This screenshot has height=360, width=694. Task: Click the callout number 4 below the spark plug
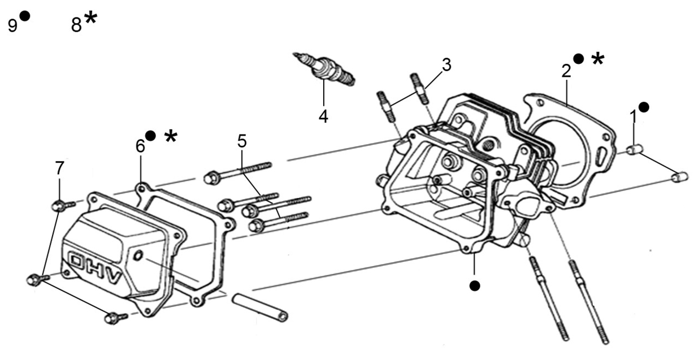tap(323, 116)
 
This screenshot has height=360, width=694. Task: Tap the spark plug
tap(324, 69)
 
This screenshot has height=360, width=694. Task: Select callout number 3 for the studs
tap(446, 65)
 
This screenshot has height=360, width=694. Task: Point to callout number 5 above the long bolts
tap(242, 141)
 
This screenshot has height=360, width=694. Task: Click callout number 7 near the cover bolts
tap(59, 168)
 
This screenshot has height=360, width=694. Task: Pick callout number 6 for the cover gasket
tap(140, 146)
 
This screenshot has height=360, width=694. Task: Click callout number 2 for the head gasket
tap(566, 71)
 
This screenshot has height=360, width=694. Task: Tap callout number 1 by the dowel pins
tap(634, 116)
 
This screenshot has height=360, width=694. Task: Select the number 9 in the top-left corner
tap(12, 25)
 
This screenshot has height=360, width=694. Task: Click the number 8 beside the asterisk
tap(76, 25)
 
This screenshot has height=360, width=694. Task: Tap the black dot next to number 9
tap(24, 16)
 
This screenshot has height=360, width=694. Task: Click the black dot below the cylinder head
tap(475, 285)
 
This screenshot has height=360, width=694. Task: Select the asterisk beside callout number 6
tap(171, 136)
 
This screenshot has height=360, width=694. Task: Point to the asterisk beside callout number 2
tap(598, 59)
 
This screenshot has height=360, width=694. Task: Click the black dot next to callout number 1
tap(644, 107)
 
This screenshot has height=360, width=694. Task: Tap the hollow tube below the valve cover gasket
tap(260, 307)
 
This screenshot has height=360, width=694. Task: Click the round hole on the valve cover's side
tap(138, 256)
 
